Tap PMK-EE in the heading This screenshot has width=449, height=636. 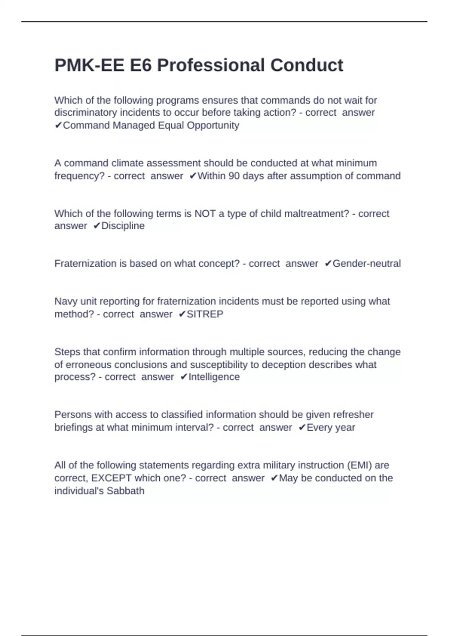(x=89, y=65)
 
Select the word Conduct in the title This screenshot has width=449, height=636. (x=306, y=65)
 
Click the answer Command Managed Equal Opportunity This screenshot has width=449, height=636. (x=151, y=125)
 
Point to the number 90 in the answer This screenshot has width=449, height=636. (x=234, y=176)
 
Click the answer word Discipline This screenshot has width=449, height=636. (x=123, y=226)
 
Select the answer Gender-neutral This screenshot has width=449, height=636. (x=366, y=264)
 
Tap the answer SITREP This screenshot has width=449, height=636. (x=205, y=314)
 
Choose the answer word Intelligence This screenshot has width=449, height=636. (x=214, y=377)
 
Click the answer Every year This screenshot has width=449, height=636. (x=331, y=427)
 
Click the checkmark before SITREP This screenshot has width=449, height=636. (x=182, y=314)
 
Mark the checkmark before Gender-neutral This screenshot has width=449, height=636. (x=328, y=264)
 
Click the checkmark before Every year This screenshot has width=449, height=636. (x=302, y=427)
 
